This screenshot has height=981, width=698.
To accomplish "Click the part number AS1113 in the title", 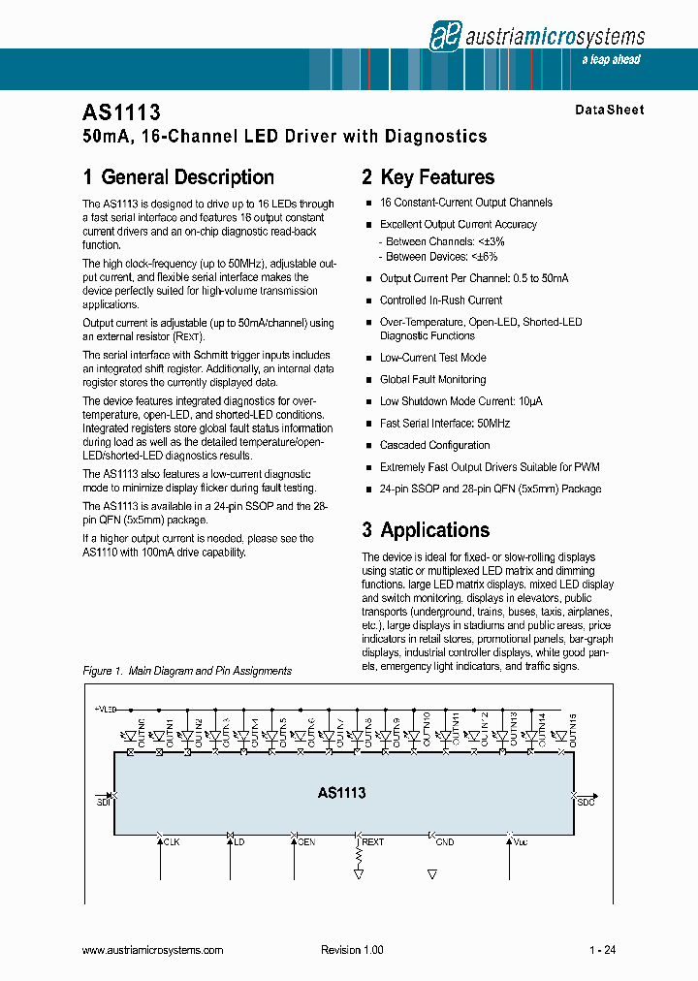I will (x=114, y=112).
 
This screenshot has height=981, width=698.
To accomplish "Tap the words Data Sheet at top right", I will (x=609, y=111).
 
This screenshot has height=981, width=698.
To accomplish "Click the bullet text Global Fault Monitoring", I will (x=432, y=379).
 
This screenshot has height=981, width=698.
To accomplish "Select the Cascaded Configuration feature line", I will (x=434, y=445).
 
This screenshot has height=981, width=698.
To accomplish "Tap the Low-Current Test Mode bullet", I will (x=432, y=358).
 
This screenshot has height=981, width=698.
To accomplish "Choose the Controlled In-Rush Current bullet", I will (x=440, y=300).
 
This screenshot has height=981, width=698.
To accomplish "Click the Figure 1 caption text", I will (x=187, y=671).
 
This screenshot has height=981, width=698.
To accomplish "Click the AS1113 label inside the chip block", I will (x=341, y=793).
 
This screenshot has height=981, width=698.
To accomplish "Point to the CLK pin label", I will (x=172, y=842).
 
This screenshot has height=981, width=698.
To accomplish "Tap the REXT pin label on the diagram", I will (x=372, y=842).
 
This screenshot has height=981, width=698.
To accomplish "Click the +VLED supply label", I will (x=105, y=710).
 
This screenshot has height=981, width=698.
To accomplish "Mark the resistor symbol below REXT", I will (x=360, y=858).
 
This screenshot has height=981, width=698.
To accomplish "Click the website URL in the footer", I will (x=153, y=950).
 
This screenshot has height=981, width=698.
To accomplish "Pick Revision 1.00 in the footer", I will (x=352, y=950).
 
